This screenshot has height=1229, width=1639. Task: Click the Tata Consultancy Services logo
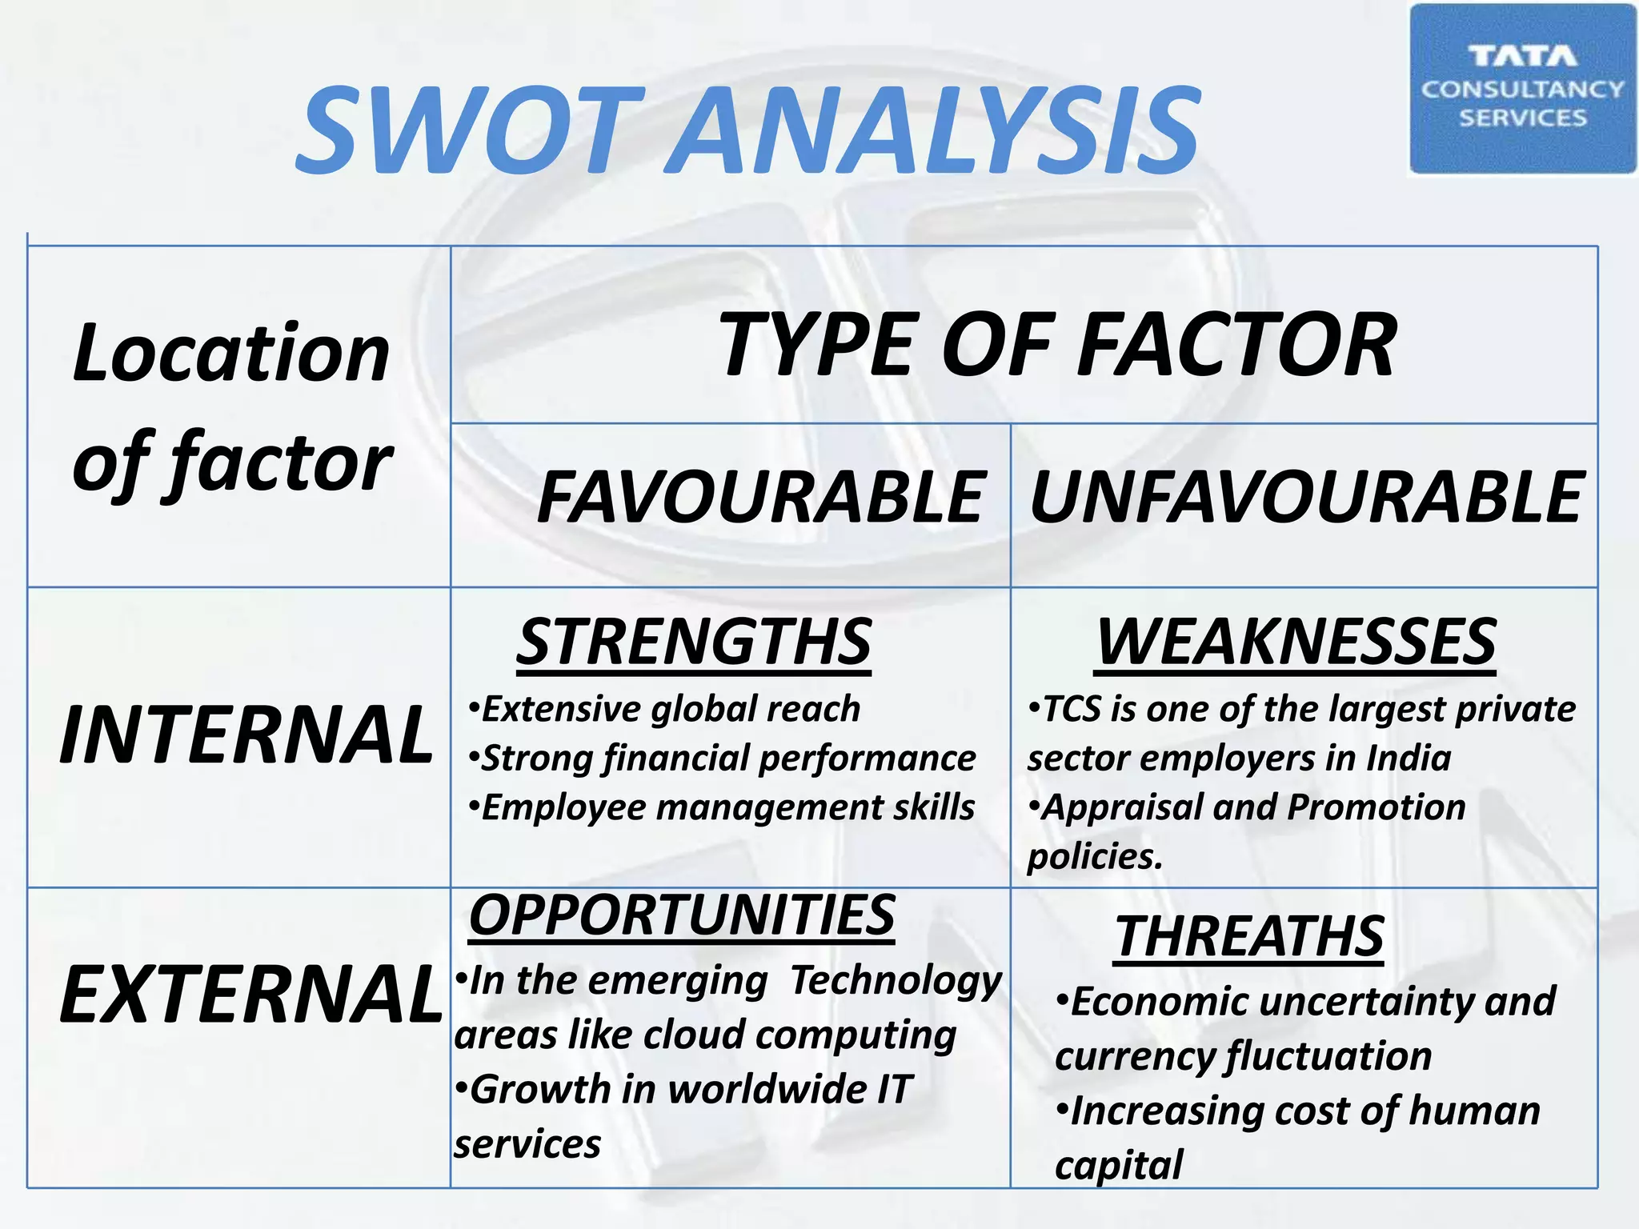coord(1522,89)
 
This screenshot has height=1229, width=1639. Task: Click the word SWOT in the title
coord(471,130)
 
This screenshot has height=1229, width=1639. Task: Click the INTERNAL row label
coord(246,735)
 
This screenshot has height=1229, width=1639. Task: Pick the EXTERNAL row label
coord(251,994)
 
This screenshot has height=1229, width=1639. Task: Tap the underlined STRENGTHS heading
coord(694,642)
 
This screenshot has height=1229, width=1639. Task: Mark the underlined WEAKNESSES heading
coord(1296,642)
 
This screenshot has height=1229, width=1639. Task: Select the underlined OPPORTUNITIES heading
coord(682,915)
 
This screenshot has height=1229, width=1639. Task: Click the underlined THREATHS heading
coord(1249,936)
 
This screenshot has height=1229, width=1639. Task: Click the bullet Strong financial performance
coord(723,758)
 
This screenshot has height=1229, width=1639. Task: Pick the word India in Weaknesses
coord(1408,758)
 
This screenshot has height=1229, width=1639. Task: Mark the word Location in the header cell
coord(230,354)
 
